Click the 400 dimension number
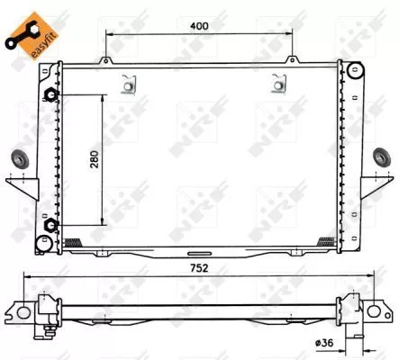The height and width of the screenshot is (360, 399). click(x=200, y=25)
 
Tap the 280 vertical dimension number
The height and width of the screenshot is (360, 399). click(x=93, y=159)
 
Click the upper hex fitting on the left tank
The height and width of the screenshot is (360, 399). click(x=52, y=96)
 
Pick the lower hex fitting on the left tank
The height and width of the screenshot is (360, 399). click(x=52, y=226)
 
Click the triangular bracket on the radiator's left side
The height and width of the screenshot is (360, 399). click(x=30, y=185)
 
